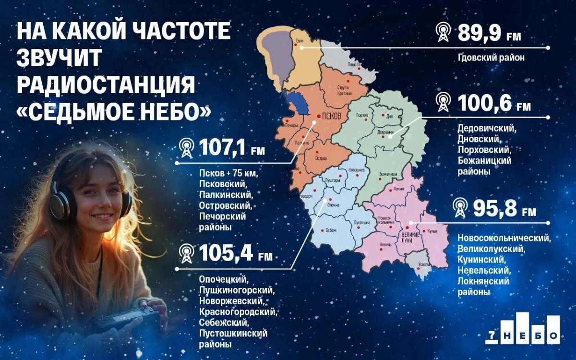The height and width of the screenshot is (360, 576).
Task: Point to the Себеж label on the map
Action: tap(331, 230)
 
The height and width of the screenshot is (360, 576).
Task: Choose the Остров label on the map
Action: tap(321, 158)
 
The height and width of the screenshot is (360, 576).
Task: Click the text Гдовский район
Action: tap(491, 58)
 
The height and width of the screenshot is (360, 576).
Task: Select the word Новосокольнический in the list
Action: tap(504, 238)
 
